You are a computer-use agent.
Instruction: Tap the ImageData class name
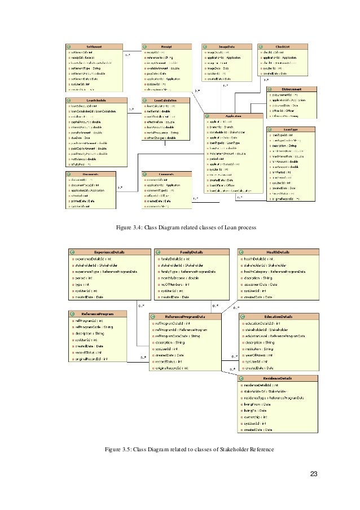coord(226,46)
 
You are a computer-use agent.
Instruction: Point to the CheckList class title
coord(283,46)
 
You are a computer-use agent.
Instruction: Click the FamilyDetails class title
coord(191,252)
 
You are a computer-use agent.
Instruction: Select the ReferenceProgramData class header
coord(185,317)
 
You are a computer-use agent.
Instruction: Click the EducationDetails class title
coord(277,317)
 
